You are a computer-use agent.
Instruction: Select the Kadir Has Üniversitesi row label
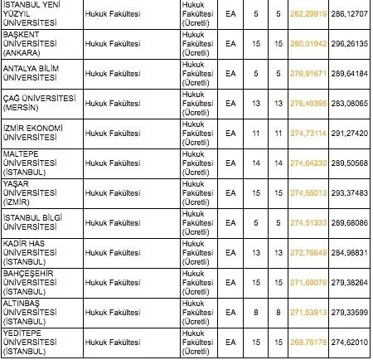[34, 251]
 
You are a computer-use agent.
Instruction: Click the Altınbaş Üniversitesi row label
[33, 311]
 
